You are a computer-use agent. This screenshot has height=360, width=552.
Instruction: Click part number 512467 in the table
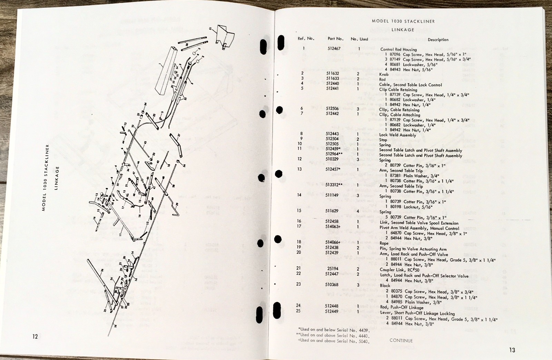coord(334,49)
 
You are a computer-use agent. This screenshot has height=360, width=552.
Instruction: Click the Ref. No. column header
coord(306,39)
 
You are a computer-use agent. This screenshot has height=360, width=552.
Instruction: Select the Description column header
coord(438,40)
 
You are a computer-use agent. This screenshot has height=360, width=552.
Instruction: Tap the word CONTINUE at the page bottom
coord(401,340)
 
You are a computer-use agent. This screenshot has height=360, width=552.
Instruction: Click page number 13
coord(512,350)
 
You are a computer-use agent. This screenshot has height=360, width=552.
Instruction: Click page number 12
coord(35,337)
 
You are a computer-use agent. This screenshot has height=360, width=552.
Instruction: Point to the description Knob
coord(384,74)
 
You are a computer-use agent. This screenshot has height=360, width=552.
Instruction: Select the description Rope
coord(384,243)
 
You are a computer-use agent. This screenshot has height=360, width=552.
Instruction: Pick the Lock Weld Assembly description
coord(397,135)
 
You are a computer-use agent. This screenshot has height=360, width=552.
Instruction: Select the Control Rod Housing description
coord(398,49)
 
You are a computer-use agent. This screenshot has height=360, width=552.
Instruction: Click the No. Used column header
coord(359,39)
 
